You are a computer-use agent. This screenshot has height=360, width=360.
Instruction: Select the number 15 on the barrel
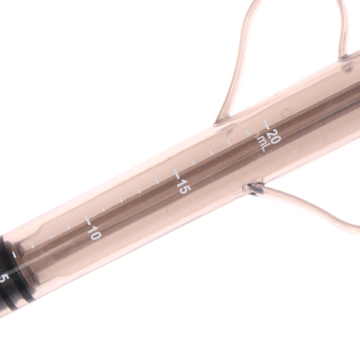click(x=183, y=186)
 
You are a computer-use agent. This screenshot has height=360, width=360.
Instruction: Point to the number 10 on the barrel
click(x=94, y=233)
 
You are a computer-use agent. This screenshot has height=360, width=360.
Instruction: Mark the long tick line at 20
click(x=266, y=124)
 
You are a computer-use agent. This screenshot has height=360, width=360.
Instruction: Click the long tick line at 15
click(x=176, y=174)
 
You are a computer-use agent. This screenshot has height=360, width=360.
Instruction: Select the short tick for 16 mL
click(x=194, y=162)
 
